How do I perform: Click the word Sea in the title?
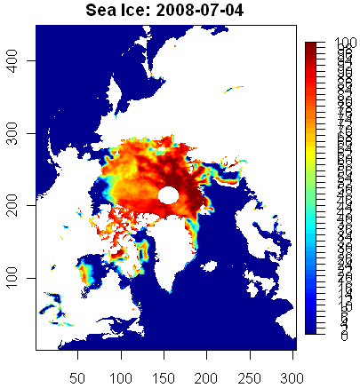point(104,11)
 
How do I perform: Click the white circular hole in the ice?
point(169,194)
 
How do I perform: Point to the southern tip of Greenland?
point(166,289)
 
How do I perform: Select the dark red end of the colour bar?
point(311,46)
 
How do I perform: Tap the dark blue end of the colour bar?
point(311,329)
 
